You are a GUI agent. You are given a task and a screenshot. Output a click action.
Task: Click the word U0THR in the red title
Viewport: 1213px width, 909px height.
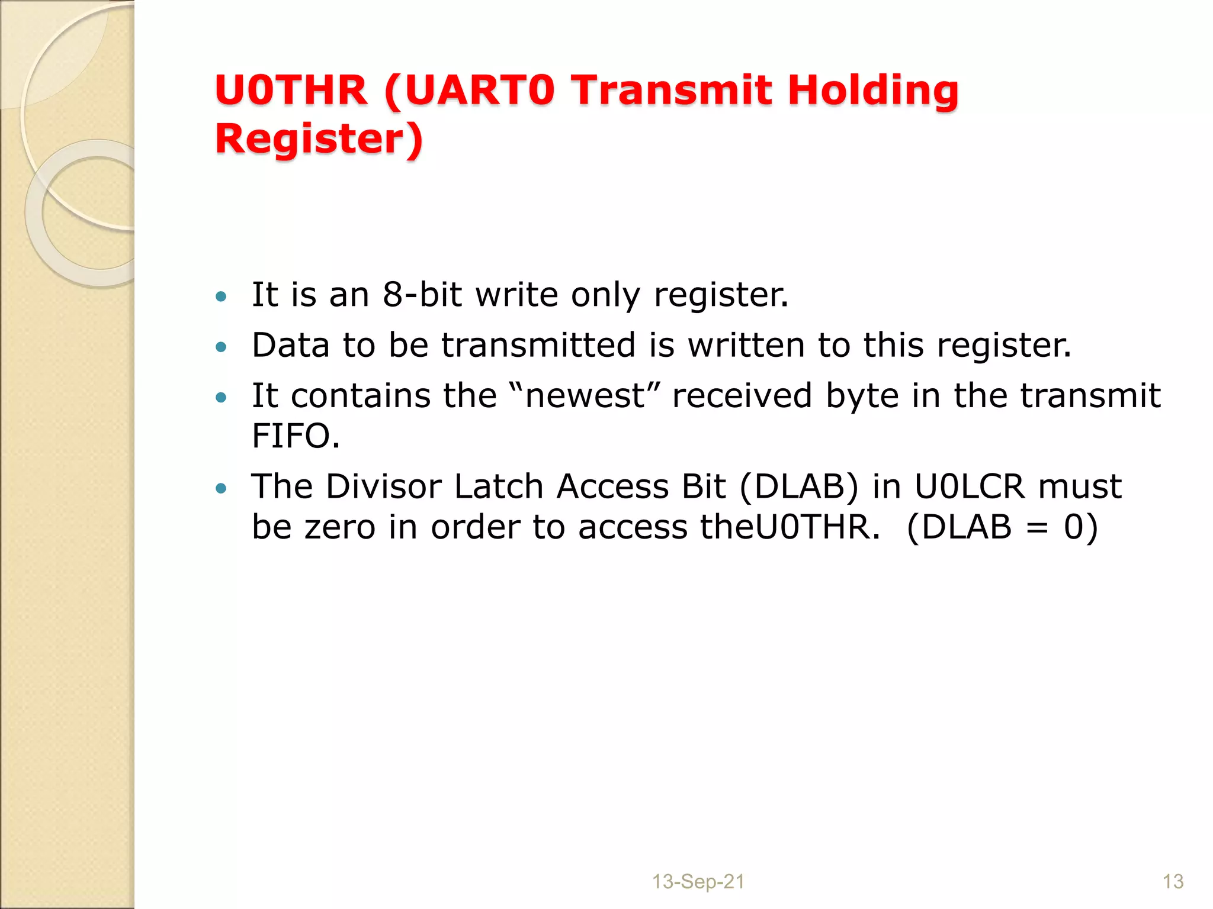(x=291, y=91)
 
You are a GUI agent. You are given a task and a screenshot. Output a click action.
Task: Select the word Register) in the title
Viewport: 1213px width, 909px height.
(x=319, y=139)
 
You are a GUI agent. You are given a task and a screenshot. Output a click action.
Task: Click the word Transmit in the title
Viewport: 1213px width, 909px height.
(x=673, y=91)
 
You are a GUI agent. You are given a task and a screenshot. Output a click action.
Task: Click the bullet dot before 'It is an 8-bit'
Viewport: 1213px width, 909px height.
(x=221, y=296)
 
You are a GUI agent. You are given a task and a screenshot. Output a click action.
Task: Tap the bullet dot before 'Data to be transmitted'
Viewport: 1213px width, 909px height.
(x=221, y=347)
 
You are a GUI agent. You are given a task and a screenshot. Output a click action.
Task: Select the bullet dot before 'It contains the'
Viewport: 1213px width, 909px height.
(x=221, y=397)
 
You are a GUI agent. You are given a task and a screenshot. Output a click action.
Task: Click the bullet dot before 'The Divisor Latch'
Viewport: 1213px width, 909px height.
(x=221, y=488)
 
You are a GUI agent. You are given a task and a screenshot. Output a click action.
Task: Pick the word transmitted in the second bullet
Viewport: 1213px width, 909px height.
(x=538, y=345)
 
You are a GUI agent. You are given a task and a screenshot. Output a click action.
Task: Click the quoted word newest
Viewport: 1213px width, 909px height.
(x=585, y=395)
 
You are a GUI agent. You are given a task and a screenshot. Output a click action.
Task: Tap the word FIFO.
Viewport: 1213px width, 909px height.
(x=296, y=436)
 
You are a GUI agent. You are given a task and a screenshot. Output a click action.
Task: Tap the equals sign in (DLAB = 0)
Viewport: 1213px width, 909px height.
(x=1037, y=528)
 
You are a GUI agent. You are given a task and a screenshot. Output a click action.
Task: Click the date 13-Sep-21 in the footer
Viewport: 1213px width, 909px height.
(x=698, y=882)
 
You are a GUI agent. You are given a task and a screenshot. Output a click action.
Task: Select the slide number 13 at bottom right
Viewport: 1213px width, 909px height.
(x=1173, y=882)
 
